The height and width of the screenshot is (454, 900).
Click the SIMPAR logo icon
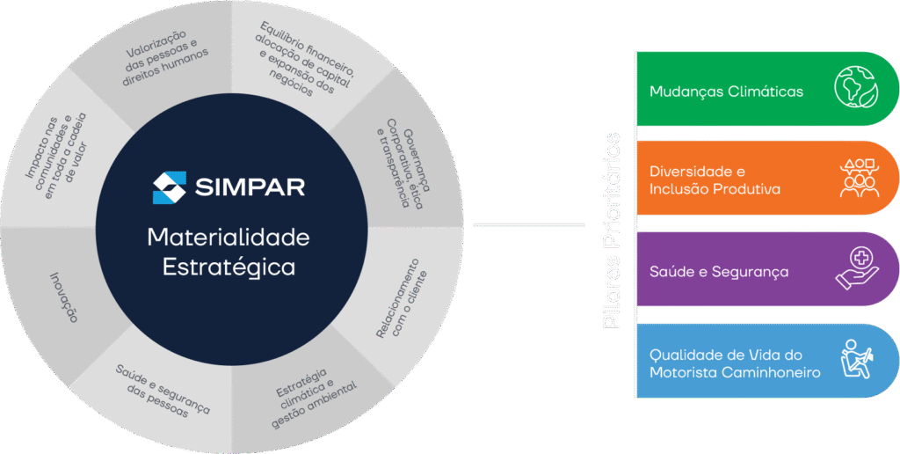(x=169, y=187)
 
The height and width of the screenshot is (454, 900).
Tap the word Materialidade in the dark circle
(x=229, y=238)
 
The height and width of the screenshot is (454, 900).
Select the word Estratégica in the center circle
(x=229, y=267)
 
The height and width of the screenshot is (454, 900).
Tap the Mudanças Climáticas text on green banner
(x=726, y=92)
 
